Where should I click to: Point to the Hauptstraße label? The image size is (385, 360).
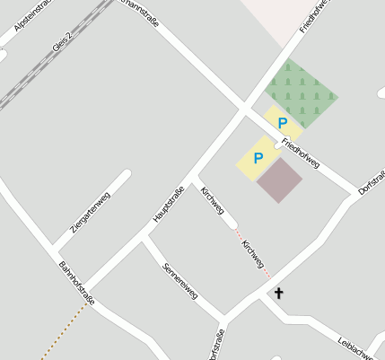168,203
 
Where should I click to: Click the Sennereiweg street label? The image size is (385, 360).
179,282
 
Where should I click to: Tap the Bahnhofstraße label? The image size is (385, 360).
76,283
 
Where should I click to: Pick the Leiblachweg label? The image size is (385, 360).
362,348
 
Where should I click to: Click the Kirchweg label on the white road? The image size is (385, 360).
214,200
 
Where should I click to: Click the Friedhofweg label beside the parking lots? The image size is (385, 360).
300,154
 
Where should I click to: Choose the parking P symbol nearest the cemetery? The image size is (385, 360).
283,123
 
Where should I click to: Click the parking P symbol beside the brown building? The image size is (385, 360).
258,159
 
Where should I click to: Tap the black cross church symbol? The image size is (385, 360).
278,293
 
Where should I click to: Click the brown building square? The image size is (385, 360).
279,180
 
